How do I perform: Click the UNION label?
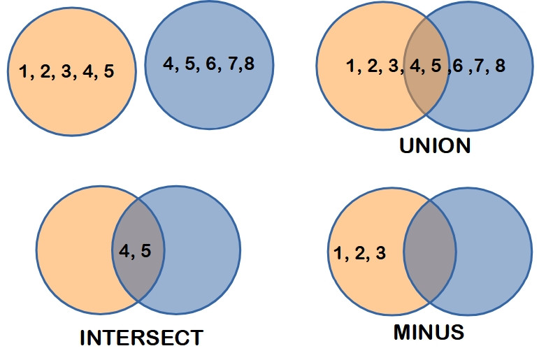[435, 145]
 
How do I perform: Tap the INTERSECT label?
[141, 338]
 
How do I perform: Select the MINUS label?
[429, 332]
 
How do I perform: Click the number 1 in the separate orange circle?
[24, 71]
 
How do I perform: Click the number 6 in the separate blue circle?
[211, 64]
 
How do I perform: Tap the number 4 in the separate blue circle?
[168, 64]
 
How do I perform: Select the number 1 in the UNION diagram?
[351, 66]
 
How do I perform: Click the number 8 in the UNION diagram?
[500, 66]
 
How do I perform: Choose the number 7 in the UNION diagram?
[479, 66]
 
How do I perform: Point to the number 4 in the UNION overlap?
[415, 66]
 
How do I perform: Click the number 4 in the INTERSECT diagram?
[124, 251]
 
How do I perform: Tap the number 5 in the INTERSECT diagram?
[146, 251]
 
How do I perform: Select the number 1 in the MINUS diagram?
[338, 253]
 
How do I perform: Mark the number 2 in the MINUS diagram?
[360, 253]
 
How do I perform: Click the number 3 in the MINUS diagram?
[380, 253]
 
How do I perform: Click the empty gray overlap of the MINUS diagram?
[430, 252]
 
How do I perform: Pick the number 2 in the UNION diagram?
[372, 66]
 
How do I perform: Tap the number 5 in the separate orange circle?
[109, 71]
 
